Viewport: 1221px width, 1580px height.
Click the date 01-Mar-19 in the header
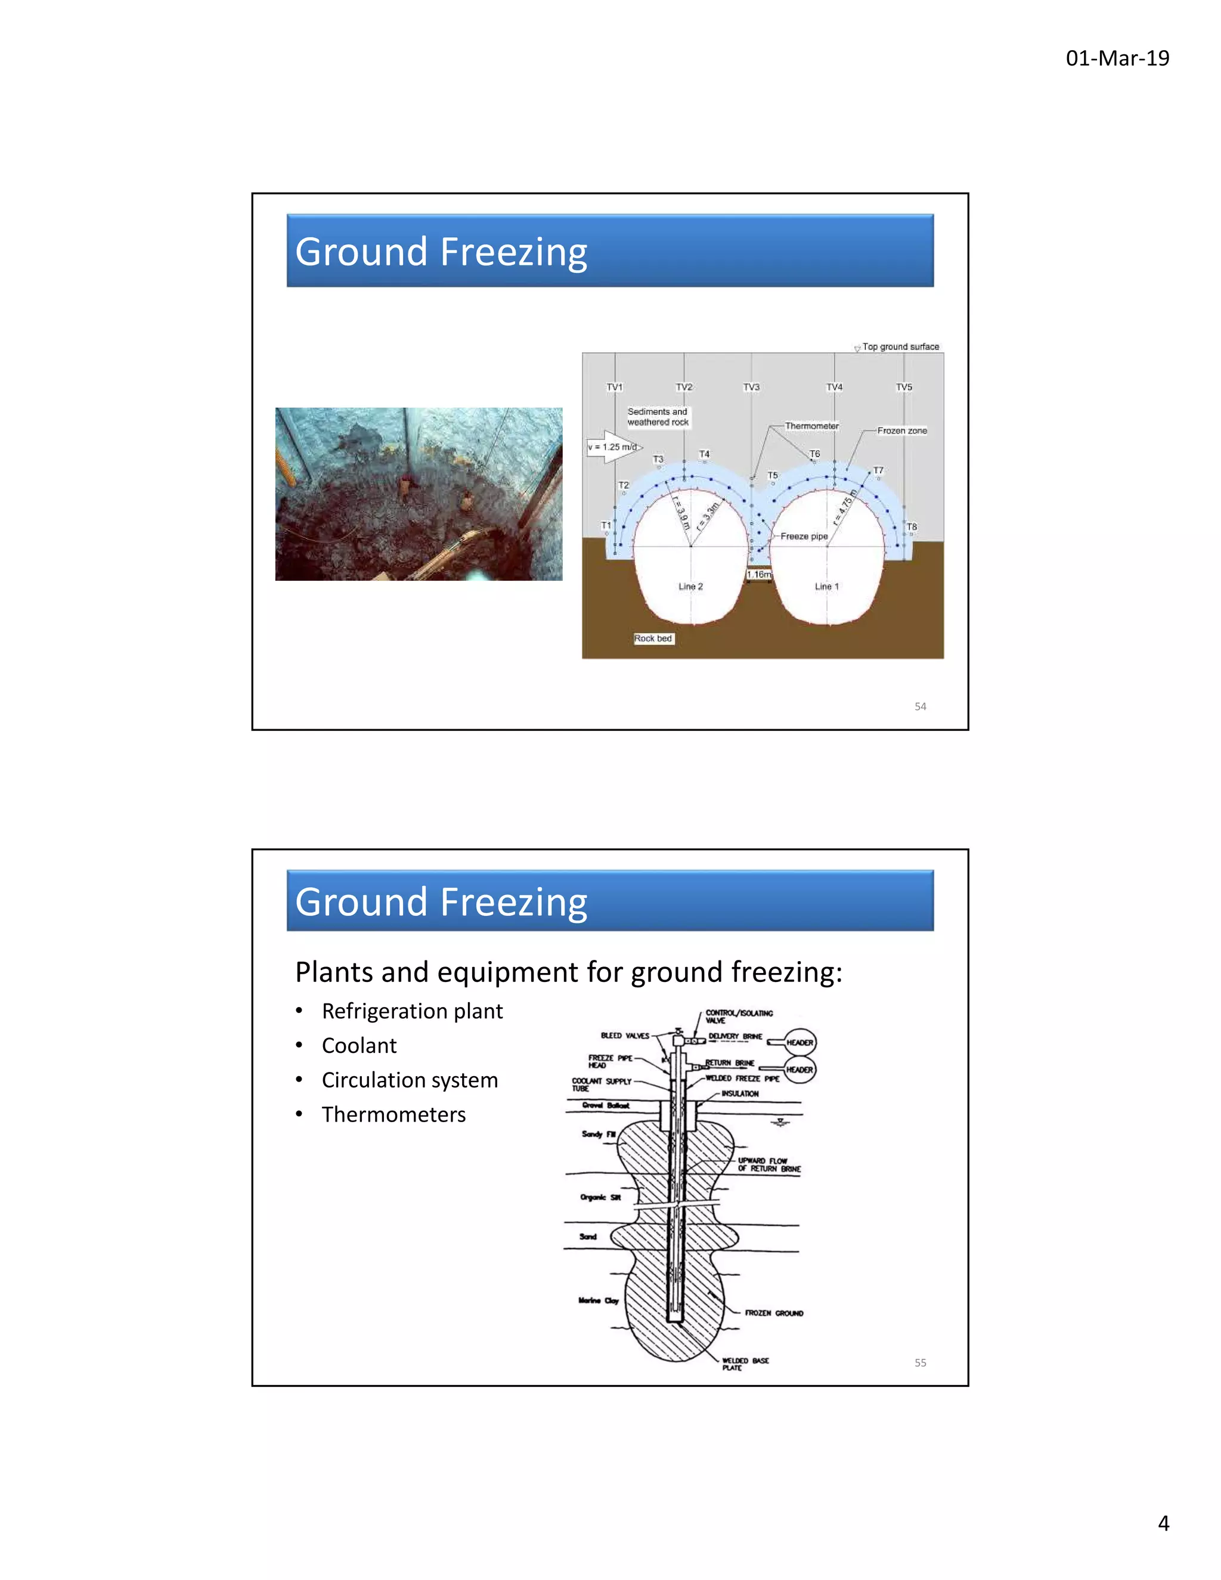[x=1117, y=58]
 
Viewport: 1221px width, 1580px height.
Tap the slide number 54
[x=920, y=706]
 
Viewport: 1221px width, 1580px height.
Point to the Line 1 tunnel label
[x=826, y=586]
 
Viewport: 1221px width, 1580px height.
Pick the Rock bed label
[x=653, y=638]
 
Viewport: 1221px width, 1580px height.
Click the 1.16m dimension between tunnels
[x=759, y=574]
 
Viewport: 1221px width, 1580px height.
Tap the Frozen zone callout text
[x=901, y=430]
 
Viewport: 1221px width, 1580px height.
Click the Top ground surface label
[x=900, y=346]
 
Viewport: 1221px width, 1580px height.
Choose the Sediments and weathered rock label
[x=658, y=417]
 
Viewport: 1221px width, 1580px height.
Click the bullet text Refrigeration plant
[x=411, y=1011]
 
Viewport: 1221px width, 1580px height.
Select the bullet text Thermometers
[x=393, y=1114]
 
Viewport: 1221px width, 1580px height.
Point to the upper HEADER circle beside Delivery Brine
[x=799, y=1042]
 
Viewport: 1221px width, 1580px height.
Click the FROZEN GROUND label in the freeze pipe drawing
[x=773, y=1313]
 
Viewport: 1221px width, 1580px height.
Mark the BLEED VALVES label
[x=624, y=1035]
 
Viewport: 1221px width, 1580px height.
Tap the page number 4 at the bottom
[x=1163, y=1523]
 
